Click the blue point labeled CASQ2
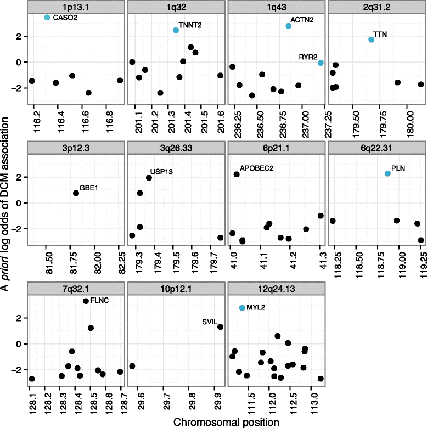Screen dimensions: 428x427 [x=47, y=18]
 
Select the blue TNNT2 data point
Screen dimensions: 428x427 [x=176, y=30]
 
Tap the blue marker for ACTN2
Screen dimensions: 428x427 [x=289, y=26]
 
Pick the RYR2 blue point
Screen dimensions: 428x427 [x=321, y=63]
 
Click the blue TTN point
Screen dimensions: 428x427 [x=371, y=40]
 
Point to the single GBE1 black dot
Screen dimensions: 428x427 [x=76, y=193]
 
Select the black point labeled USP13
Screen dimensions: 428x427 [x=149, y=178]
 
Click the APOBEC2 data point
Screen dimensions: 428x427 [x=237, y=174]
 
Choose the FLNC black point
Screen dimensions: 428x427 [x=86, y=301]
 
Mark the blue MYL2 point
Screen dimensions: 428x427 [x=242, y=308]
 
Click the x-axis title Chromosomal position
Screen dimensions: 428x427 [x=226, y=421]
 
